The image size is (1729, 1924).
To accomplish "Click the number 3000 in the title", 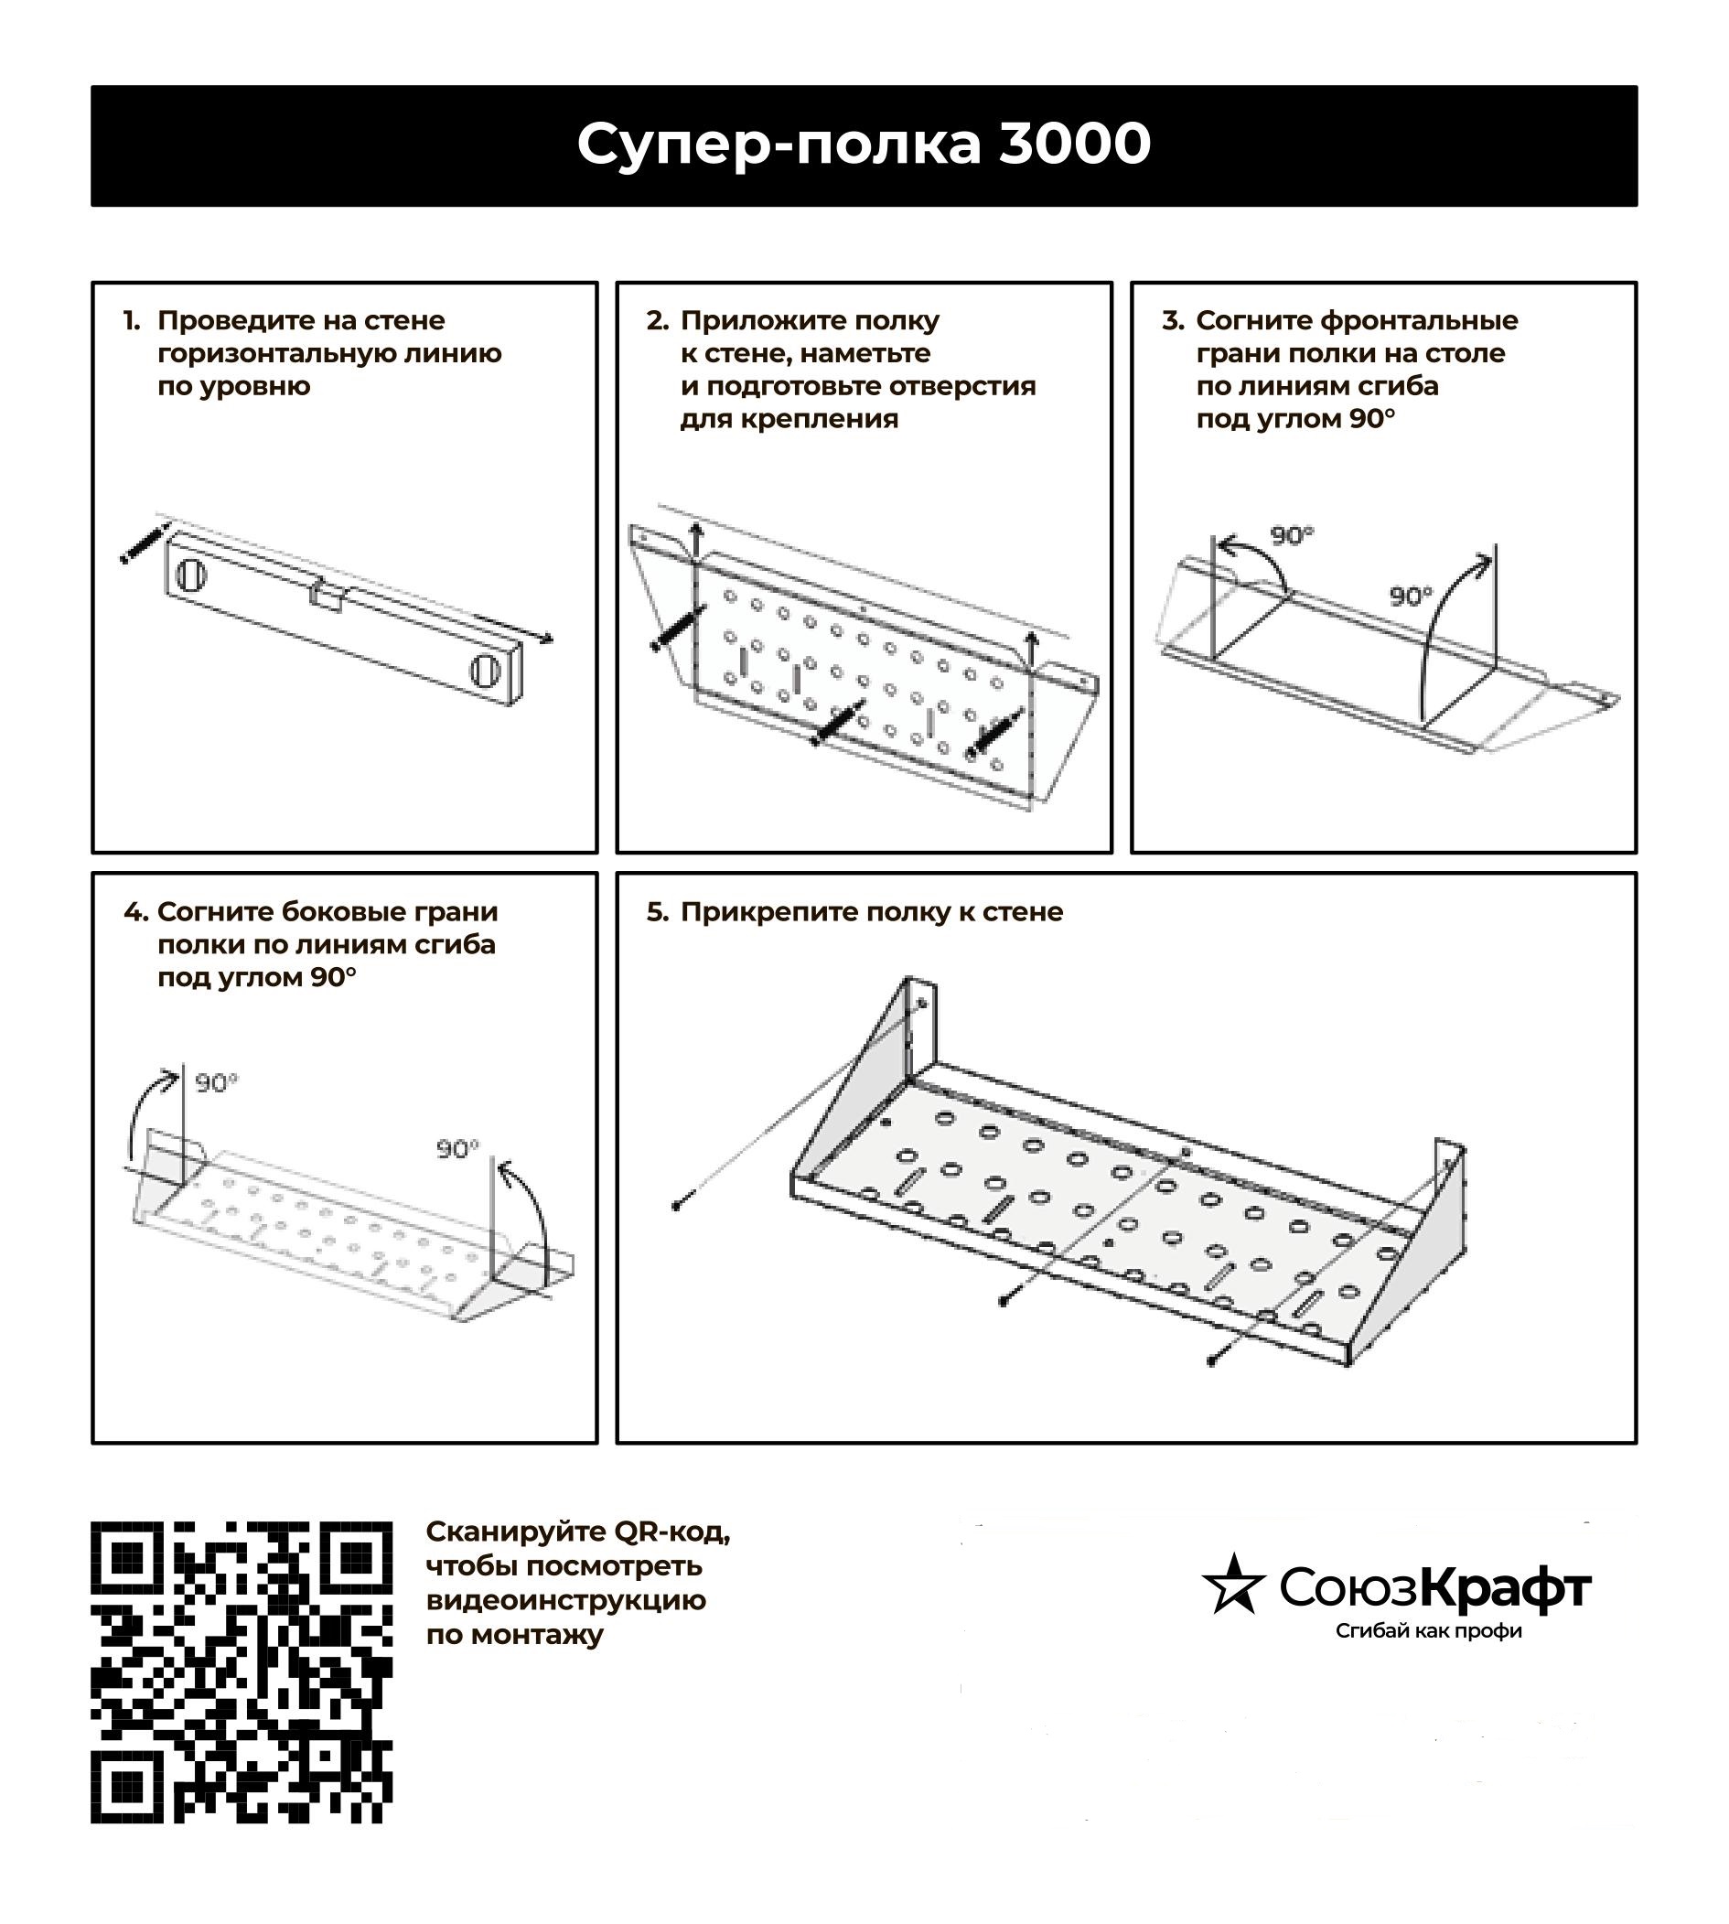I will click(1074, 145).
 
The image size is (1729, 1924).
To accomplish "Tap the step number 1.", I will click(131, 321).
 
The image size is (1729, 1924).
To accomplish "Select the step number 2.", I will click(657, 321).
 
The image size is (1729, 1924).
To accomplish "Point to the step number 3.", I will click(1172, 321).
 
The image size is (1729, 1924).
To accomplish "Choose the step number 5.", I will click(658, 913).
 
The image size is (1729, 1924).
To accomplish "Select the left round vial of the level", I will click(190, 574).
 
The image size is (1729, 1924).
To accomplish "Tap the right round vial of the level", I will click(486, 670).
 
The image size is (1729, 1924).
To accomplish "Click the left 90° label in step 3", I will click(1291, 536).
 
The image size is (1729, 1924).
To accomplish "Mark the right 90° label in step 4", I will click(458, 1150).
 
